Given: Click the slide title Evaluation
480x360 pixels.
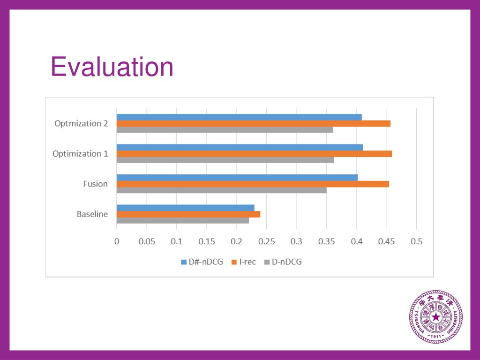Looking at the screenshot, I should (112, 67).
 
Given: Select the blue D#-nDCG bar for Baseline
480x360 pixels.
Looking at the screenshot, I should (185, 208).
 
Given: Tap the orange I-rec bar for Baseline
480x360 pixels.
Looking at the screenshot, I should (188, 214).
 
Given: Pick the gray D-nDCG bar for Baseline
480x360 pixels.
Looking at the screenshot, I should (182, 220).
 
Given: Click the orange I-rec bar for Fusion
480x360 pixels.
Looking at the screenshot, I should (253, 184).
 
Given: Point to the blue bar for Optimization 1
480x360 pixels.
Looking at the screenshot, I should (240, 147).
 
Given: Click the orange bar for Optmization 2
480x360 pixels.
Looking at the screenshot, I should (253, 123).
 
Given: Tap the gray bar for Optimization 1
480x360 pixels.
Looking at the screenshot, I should (225, 160).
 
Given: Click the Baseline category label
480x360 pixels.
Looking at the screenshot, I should (92, 214).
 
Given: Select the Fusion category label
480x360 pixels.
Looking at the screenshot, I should (96, 184).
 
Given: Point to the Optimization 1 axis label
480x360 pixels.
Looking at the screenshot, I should (80, 154).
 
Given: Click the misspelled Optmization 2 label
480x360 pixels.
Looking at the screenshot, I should (81, 124).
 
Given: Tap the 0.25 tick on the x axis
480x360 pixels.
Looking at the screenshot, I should (266, 242).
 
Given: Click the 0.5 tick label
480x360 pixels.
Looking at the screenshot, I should (416, 242).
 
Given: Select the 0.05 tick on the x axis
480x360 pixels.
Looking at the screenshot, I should (147, 242).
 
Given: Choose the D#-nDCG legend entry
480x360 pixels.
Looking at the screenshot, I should (202, 262).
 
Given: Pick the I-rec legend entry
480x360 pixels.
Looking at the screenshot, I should (244, 262).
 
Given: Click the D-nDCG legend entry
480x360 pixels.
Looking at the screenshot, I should (283, 262).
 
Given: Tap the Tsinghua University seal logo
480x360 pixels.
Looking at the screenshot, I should (436, 317).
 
